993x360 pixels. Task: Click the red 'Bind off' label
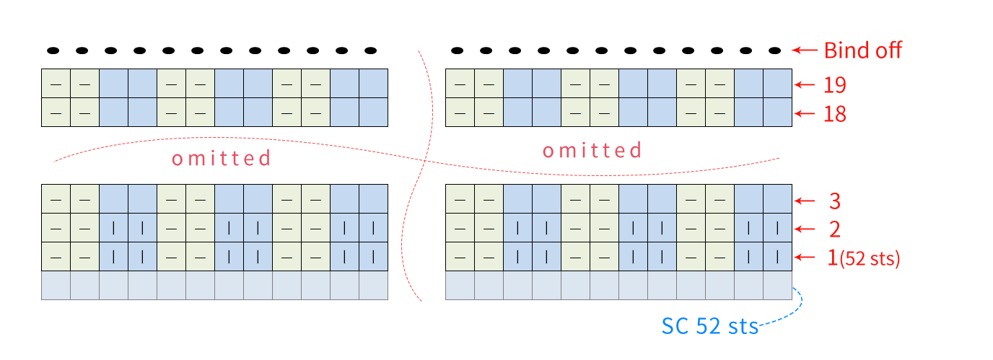(862, 50)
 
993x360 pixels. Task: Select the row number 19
(835, 84)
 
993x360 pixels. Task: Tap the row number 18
(835, 114)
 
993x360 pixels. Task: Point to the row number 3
(835, 201)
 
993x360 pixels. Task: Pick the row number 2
(835, 229)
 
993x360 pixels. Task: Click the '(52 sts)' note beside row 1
(870, 258)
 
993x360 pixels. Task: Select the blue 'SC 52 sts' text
(709, 326)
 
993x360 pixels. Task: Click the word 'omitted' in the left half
(222, 158)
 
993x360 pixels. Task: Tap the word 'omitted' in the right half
(592, 150)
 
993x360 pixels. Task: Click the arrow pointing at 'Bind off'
(805, 50)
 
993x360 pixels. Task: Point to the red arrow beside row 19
(805, 84)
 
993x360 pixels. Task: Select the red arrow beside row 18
(805, 114)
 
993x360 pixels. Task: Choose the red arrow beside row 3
(805, 201)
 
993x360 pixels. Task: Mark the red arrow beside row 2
(805, 229)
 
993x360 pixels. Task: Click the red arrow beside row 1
(805, 257)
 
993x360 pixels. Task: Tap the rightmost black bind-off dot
(774, 51)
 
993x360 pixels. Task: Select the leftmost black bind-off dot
(53, 51)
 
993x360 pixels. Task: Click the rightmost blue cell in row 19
(777, 84)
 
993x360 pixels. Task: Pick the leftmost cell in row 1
(56, 257)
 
